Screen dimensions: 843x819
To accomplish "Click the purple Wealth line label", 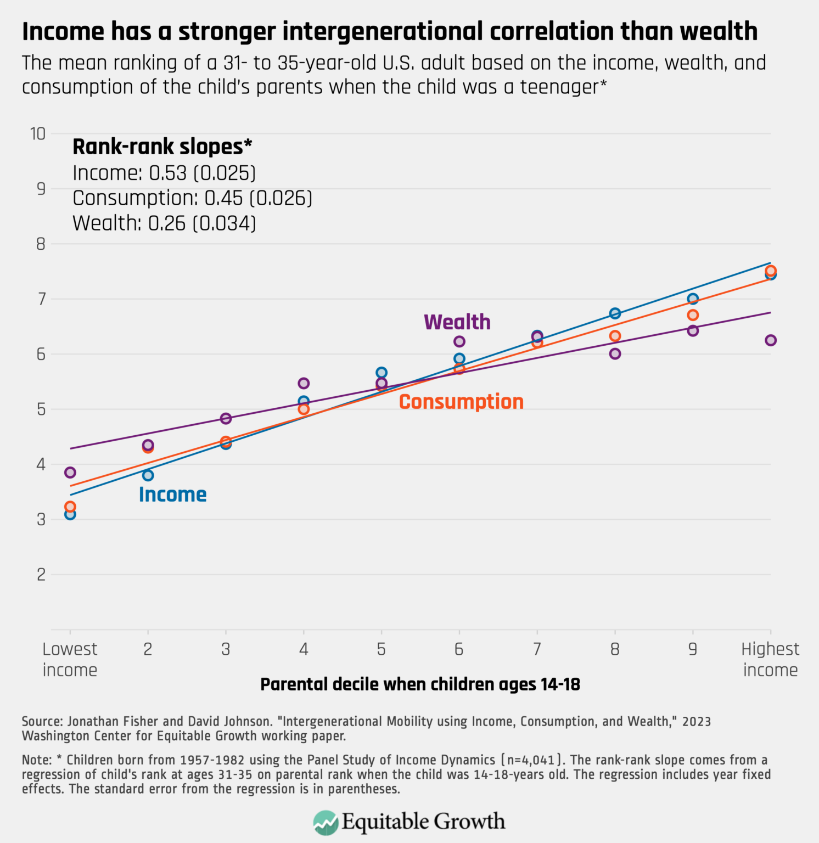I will point(457,322).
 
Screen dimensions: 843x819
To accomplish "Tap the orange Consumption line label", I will point(461,402).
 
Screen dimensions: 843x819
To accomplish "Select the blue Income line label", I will point(172,494).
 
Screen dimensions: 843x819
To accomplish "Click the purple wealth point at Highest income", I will point(770,340).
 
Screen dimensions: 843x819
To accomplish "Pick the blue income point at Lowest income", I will point(70,514).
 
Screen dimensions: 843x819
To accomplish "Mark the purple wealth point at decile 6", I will point(459,341).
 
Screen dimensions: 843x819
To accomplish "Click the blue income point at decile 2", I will point(148,475).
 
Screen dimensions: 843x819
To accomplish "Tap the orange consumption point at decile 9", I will point(693,315).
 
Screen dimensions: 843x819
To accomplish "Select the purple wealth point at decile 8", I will point(615,354).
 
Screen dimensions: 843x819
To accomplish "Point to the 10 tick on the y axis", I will point(38,134).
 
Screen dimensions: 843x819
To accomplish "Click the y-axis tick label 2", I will point(41,575).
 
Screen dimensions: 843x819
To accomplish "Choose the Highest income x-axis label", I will point(770,660).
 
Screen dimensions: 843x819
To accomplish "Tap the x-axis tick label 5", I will point(382,650).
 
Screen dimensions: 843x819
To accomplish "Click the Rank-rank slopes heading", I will point(162,147).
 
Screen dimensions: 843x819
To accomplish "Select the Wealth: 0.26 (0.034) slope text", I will point(164,223).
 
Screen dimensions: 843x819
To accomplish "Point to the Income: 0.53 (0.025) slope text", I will point(164,173).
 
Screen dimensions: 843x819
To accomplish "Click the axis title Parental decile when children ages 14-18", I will point(420,684).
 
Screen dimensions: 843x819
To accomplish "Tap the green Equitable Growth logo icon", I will point(326,822).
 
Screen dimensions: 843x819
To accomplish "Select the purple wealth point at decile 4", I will point(304,383).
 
